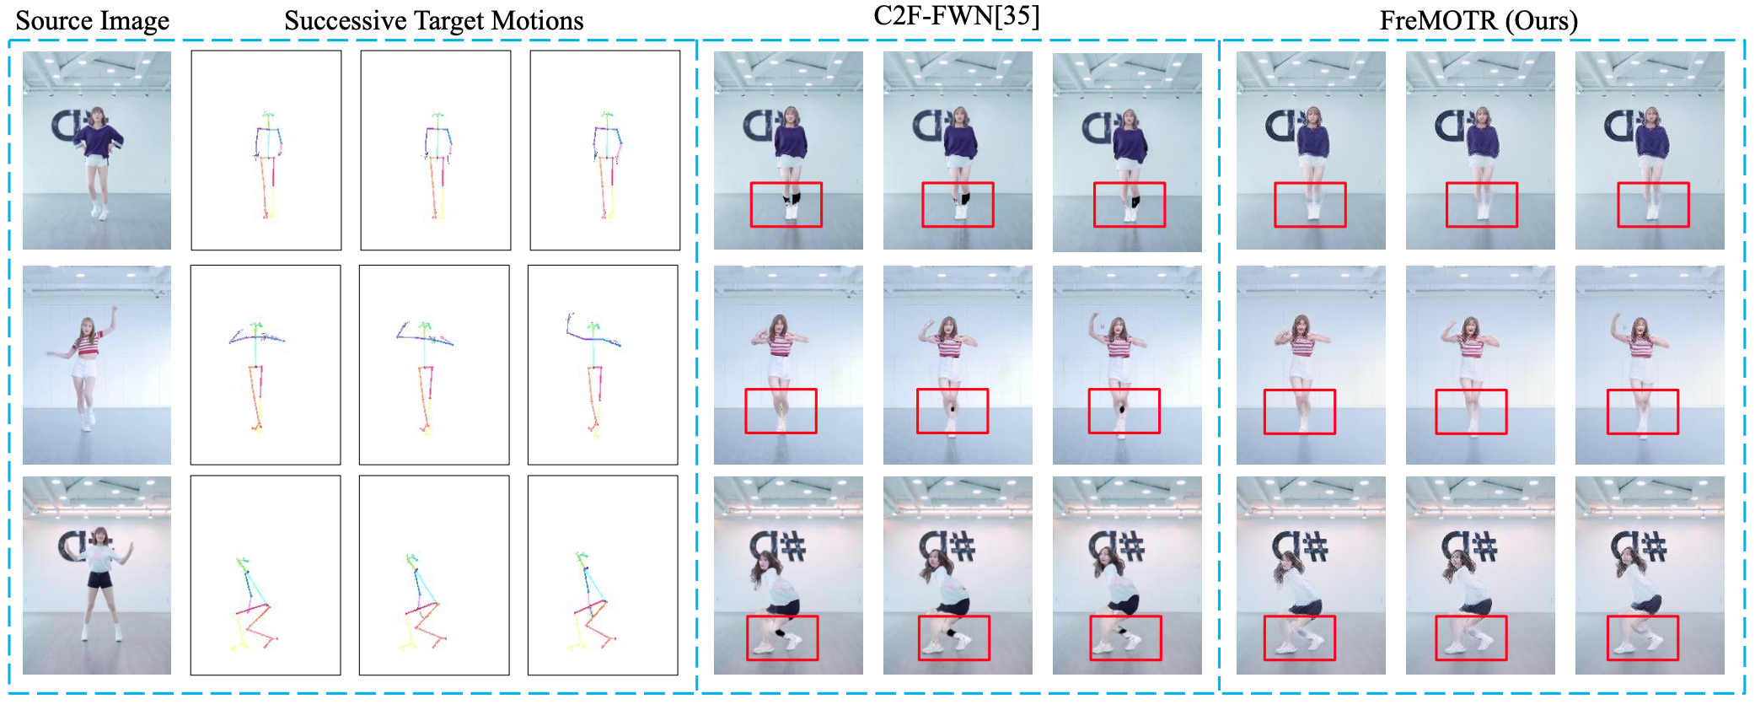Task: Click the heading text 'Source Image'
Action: pyautogui.click(x=93, y=20)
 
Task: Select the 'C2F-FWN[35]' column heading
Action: pyautogui.click(x=957, y=16)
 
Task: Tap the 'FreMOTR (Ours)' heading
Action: pyautogui.click(x=1479, y=20)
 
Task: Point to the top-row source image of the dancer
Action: pyautogui.click(x=97, y=150)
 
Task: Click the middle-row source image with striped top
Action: pyautogui.click(x=97, y=365)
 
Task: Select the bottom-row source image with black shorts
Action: pyautogui.click(x=97, y=575)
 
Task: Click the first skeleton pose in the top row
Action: pyautogui.click(x=267, y=164)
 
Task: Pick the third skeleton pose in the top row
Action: pyautogui.click(x=606, y=164)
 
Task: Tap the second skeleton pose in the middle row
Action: pyautogui.click(x=426, y=377)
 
